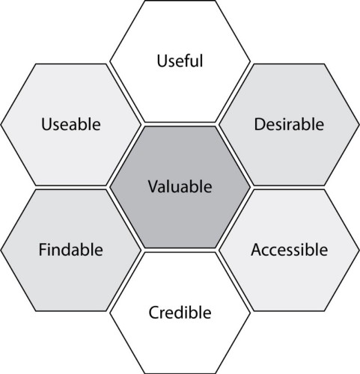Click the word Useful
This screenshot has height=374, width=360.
180,61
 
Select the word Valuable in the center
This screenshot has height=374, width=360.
180,186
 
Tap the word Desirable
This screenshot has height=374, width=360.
289,124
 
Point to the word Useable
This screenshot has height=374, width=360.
71,124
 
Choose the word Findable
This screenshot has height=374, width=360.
71,249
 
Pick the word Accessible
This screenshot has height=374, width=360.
289,249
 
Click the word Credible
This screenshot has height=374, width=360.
180,312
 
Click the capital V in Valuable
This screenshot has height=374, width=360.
153,186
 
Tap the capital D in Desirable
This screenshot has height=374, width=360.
260,124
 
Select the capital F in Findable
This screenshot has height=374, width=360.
43,250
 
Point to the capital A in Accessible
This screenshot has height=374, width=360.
257,250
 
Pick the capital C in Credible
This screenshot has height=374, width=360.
154,313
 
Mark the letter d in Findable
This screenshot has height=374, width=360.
73,249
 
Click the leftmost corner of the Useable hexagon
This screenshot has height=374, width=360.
1,124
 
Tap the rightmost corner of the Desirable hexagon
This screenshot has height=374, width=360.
359,124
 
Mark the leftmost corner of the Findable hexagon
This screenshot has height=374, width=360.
1,250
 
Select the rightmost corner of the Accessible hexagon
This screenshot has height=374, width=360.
359,250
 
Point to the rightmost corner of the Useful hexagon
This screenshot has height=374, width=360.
250,61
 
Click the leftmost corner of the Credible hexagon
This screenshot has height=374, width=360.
110,313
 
